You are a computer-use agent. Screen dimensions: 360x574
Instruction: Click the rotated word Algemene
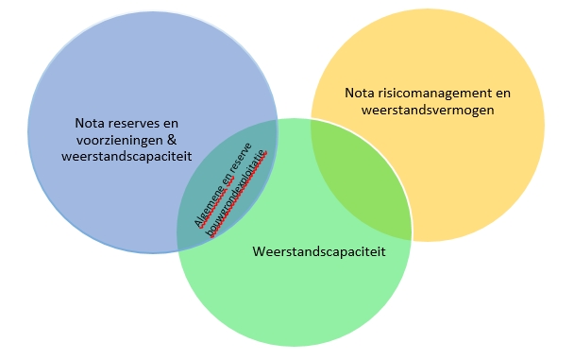209,202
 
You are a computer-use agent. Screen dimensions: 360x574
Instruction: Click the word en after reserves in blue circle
170,123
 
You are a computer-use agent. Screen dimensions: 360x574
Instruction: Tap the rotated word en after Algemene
228,185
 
